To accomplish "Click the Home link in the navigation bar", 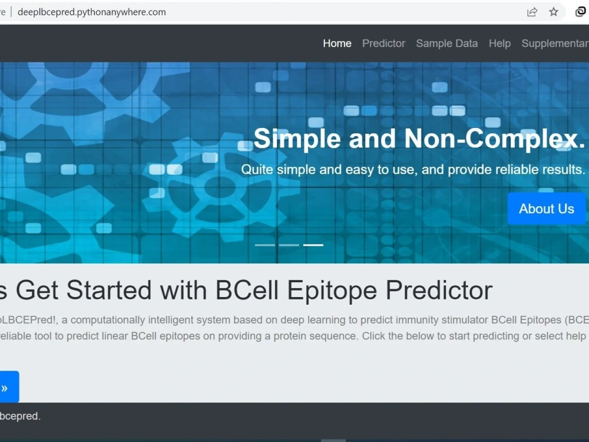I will click(x=337, y=44).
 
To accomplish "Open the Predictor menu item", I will click(x=383, y=44).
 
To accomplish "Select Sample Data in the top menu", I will click(x=446, y=44).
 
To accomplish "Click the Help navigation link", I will click(x=499, y=44).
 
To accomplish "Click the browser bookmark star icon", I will click(x=554, y=12).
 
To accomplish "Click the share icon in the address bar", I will click(x=532, y=12).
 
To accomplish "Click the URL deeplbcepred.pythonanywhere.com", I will click(x=92, y=12).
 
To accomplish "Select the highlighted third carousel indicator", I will click(x=313, y=245).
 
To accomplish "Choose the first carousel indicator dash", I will click(x=265, y=245).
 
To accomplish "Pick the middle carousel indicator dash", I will click(x=289, y=245).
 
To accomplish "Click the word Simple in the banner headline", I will click(x=297, y=138).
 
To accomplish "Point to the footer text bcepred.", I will click(x=20, y=416).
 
